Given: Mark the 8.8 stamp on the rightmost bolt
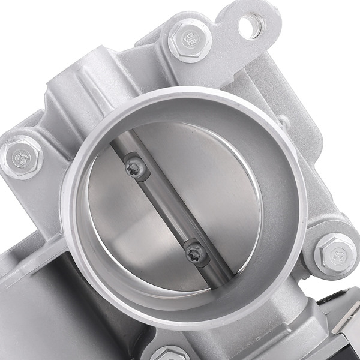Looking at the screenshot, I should pyautogui.click(x=334, y=250).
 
